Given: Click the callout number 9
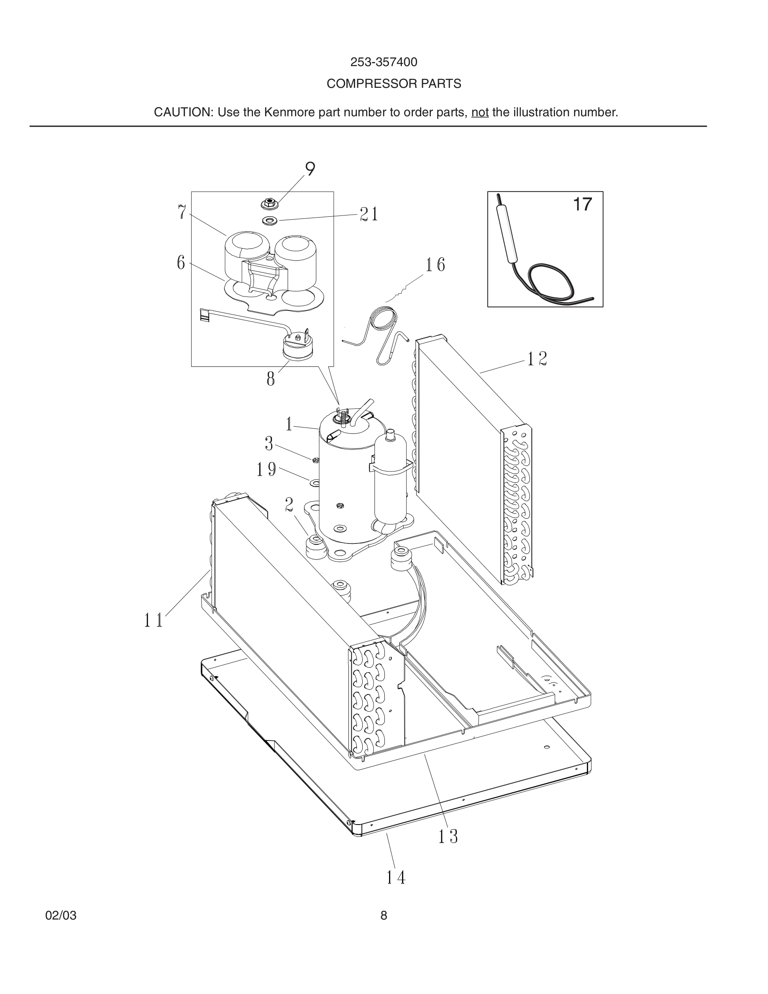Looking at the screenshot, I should (310, 169).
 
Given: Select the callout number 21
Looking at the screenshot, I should (369, 214).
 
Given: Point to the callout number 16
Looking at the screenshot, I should (435, 265).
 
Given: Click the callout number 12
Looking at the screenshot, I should (537, 359).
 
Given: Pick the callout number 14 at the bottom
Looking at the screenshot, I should (395, 877).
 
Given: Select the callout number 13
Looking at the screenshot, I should (448, 836).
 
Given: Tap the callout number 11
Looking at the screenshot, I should (154, 620).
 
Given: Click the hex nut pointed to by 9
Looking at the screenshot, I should (270, 203).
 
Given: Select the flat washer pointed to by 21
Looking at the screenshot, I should (270, 221).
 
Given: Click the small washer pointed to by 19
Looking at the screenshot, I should (314, 482).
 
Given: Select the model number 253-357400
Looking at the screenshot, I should (384, 62).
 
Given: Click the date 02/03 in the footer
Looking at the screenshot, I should (61, 916).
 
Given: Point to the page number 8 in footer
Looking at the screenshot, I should (384, 916).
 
